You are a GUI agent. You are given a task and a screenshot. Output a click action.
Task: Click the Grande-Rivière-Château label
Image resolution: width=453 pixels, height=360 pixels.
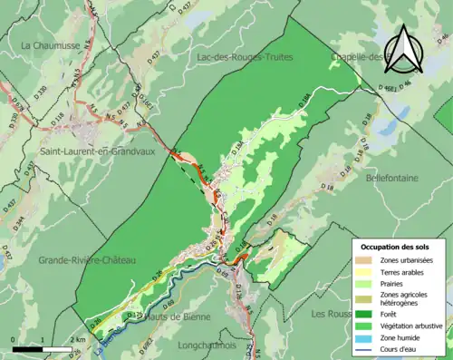pos(87,260)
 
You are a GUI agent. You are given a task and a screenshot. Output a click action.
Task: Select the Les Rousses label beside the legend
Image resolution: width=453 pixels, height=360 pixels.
pos(330,314)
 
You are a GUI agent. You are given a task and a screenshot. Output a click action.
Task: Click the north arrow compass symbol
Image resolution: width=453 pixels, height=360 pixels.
pos(405,48)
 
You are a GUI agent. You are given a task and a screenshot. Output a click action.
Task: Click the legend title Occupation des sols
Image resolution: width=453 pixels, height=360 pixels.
pos(396,247)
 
